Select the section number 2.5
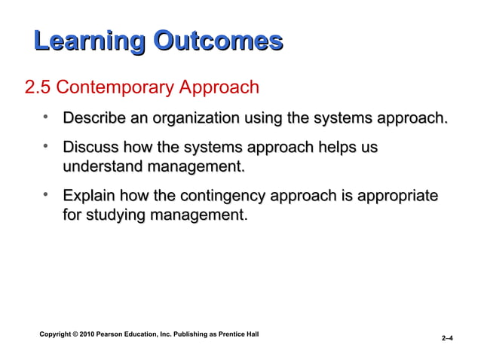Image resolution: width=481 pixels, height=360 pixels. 38,88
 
